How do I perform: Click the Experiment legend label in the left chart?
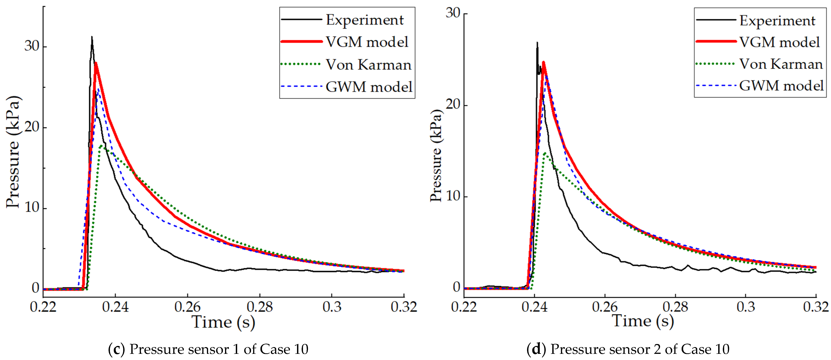point(365,20)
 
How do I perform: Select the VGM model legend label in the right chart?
point(779,42)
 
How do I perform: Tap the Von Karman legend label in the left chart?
point(368,65)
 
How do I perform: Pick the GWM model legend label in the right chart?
point(781,86)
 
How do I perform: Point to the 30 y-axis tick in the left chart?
point(32,46)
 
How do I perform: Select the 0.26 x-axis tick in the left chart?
point(187,307)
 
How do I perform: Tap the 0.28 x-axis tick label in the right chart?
point(675,307)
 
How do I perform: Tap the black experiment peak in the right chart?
point(537,43)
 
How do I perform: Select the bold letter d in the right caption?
point(536,349)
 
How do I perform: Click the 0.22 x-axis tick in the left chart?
point(43,307)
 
